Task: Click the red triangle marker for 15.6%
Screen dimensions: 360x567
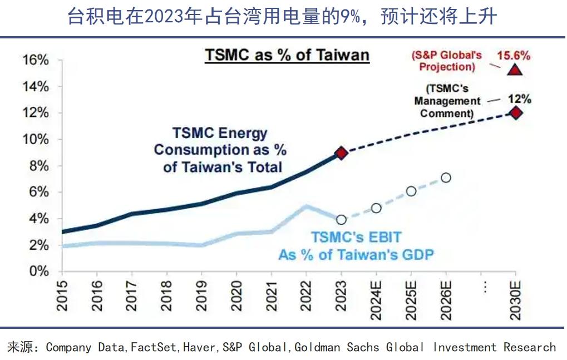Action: point(515,70)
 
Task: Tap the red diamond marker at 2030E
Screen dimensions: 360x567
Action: point(516,113)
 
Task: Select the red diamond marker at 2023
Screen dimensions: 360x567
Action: point(342,153)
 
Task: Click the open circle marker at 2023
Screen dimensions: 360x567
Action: point(342,220)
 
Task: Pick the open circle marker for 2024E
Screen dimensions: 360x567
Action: point(376,208)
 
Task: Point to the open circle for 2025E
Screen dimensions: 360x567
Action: point(411,191)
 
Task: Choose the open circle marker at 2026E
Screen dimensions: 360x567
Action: point(446,177)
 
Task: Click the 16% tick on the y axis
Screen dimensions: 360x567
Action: point(36,60)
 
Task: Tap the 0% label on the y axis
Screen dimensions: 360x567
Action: point(39,272)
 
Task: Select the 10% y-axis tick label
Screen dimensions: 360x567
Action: point(36,139)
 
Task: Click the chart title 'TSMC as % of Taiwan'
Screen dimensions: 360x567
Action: point(287,55)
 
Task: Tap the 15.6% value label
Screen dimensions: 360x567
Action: point(514,55)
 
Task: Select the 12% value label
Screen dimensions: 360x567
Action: point(520,99)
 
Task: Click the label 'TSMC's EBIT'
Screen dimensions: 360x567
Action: point(356,237)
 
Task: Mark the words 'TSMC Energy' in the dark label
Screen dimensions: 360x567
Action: point(220,134)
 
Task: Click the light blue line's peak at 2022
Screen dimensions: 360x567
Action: point(307,206)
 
